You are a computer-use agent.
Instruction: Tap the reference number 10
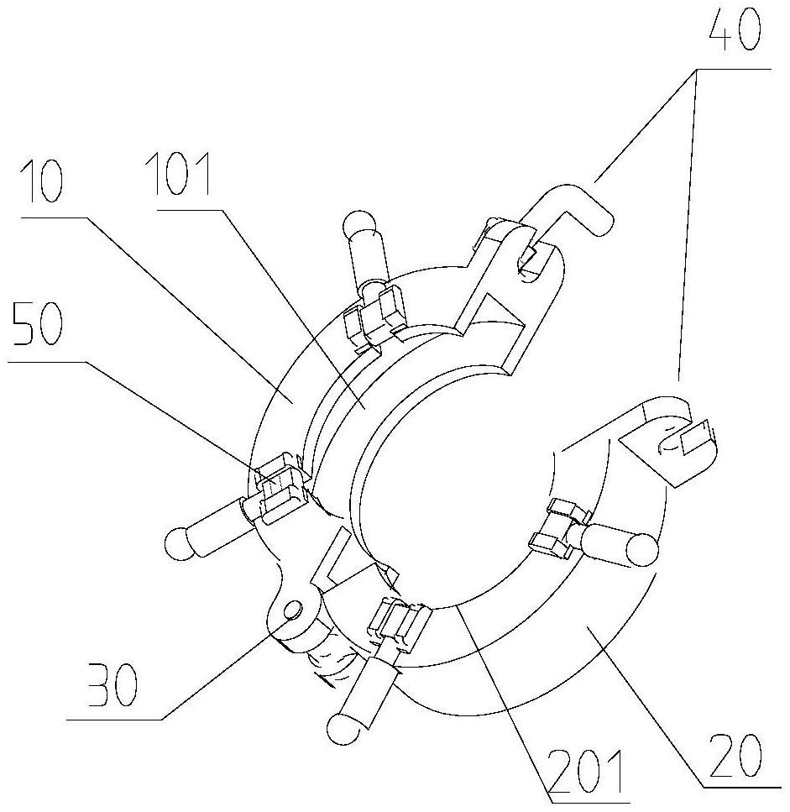43,181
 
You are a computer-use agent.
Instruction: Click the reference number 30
112,685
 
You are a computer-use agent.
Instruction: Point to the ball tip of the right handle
642,551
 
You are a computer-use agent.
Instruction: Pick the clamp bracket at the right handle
559,528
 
